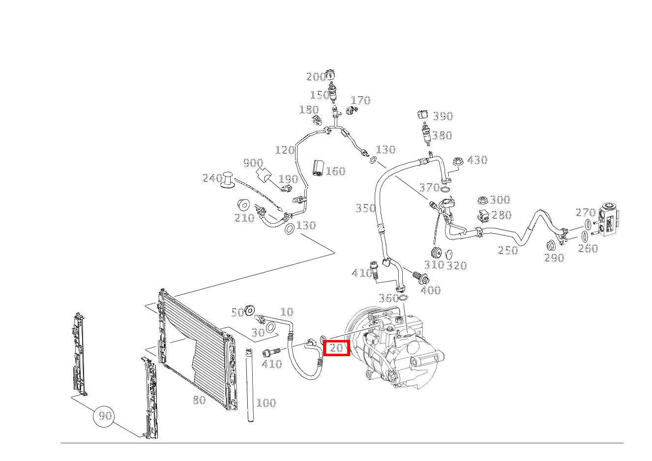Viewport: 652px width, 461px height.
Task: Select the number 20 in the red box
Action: [x=336, y=348]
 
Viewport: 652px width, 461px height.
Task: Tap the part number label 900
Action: [x=253, y=163]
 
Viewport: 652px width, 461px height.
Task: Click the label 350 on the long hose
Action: [x=365, y=209]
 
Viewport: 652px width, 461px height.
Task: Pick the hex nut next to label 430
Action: [x=457, y=161]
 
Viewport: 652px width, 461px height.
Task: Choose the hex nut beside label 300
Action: [x=482, y=200]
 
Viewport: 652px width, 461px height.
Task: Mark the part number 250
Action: [x=508, y=250]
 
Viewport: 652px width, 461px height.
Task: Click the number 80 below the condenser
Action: [x=199, y=400]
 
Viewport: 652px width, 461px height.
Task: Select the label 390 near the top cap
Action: [x=443, y=117]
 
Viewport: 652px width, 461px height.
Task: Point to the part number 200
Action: [x=316, y=77]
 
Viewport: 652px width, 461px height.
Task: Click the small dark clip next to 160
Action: [x=318, y=167]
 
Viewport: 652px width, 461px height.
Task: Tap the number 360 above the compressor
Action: [x=388, y=298]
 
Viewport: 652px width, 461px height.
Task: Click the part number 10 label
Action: [x=287, y=312]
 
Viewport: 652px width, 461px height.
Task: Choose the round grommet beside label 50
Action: [x=250, y=310]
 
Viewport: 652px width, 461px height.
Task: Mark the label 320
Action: [x=456, y=266]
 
